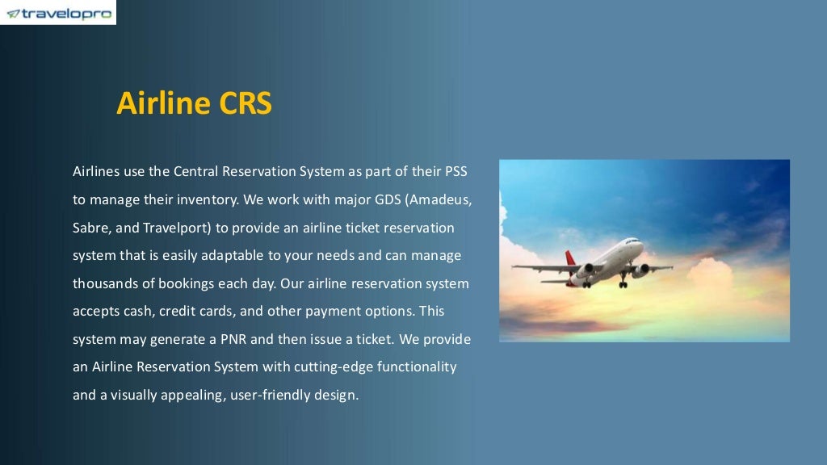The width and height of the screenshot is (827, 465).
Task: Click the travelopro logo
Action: point(58,13)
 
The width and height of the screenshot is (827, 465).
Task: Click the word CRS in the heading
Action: point(246,103)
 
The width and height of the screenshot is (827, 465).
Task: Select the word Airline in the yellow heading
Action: point(164,103)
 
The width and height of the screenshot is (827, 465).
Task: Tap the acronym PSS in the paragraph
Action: point(455,172)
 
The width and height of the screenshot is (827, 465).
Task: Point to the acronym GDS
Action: point(378,199)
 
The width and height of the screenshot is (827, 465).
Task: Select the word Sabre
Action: point(90,228)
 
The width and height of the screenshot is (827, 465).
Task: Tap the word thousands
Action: point(105,283)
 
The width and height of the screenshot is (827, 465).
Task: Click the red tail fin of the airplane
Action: point(571,258)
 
